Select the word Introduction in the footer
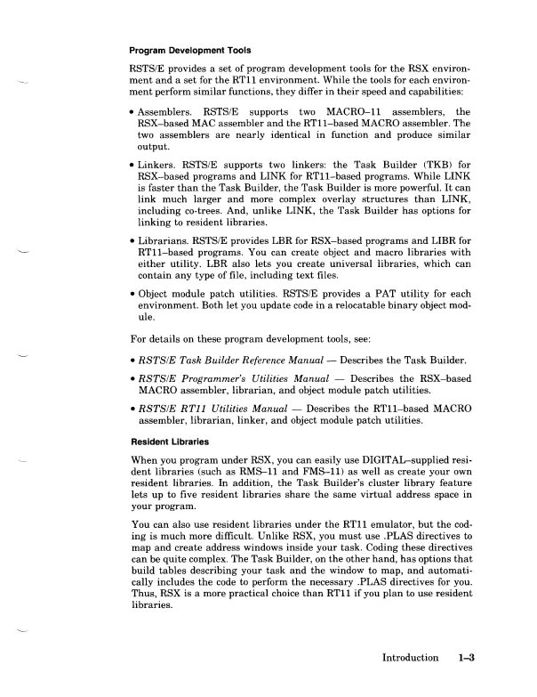point(410,659)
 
